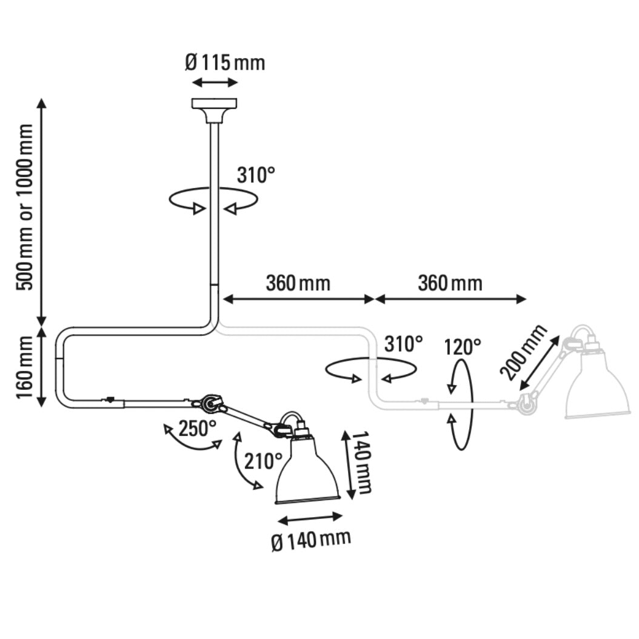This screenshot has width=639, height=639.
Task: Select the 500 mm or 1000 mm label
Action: click(25, 207)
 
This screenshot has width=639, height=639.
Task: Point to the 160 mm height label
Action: click(25, 367)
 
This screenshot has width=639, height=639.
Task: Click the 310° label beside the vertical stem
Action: click(255, 176)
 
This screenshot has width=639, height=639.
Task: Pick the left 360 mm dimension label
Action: click(298, 283)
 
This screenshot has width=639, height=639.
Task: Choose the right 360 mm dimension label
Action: click(450, 283)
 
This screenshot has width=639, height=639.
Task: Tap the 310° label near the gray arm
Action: click(403, 344)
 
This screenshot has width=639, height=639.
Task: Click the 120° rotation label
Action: click(462, 347)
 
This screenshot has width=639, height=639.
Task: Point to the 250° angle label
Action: click(198, 429)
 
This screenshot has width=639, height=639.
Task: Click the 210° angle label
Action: click(264, 461)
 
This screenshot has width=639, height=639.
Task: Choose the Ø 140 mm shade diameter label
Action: click(311, 539)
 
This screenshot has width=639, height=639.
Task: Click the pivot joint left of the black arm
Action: click(210, 403)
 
